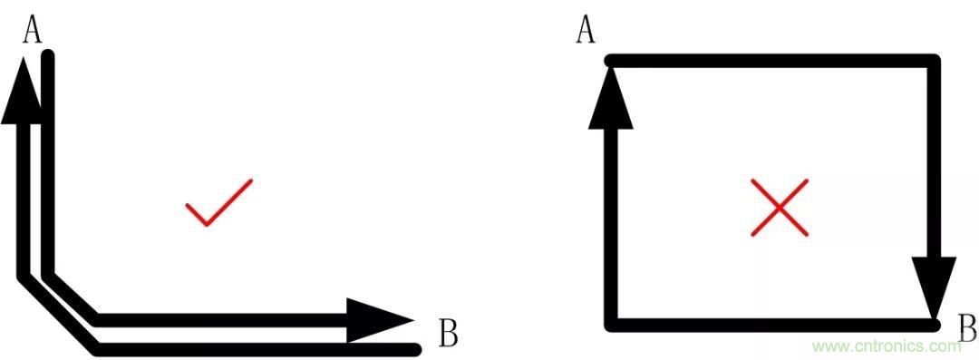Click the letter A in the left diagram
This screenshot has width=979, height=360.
pyautogui.click(x=33, y=31)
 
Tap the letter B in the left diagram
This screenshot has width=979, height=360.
pyautogui.click(x=448, y=334)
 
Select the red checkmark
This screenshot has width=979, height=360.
pyautogui.click(x=218, y=201)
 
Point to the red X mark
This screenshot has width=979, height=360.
pyautogui.click(x=780, y=208)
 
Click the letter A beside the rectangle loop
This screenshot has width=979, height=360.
pyautogui.click(x=586, y=31)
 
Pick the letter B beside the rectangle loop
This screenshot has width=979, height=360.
pyautogui.click(x=966, y=326)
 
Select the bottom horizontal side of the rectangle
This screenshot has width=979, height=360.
pyautogui.click(x=771, y=321)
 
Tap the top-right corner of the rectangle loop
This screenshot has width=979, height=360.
pyautogui.click(x=935, y=62)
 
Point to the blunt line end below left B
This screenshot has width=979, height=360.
pyautogui.click(x=416, y=348)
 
